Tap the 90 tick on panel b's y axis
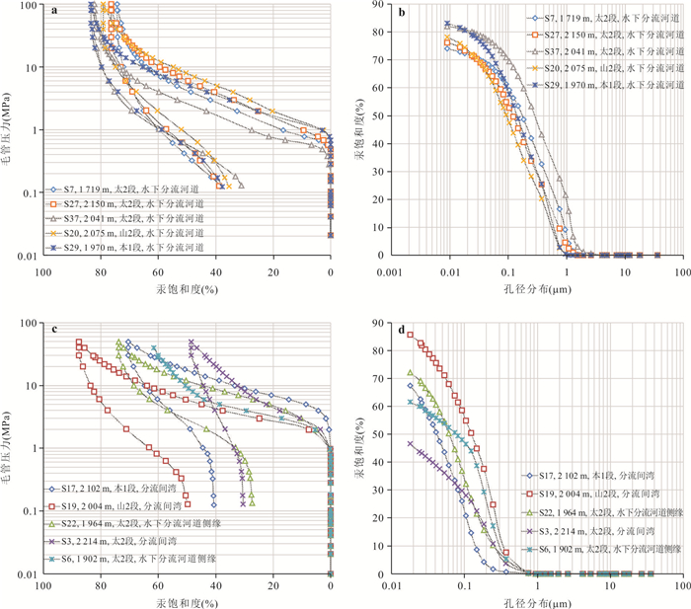coord(379,5)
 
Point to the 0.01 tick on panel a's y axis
coord(26,256)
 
